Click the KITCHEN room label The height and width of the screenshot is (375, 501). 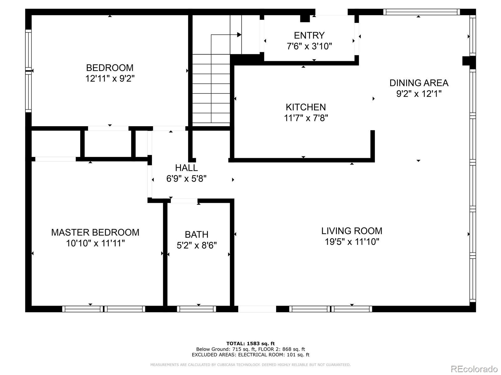[x=306, y=107]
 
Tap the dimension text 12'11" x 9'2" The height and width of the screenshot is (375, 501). [x=110, y=78]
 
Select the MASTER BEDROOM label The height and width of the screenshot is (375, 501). [x=95, y=232]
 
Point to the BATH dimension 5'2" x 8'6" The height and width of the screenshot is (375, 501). [x=197, y=245]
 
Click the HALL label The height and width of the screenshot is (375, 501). [x=186, y=168]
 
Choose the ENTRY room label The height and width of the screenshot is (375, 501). [x=309, y=35]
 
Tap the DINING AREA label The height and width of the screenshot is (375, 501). [x=419, y=83]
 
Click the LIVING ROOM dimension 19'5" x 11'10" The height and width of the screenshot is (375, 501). [x=352, y=242]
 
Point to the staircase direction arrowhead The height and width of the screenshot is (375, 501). [x=239, y=35]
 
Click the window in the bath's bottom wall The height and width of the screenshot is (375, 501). [x=196, y=309]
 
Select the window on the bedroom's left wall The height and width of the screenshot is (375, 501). [x=28, y=71]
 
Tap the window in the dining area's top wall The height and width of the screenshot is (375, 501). [x=421, y=12]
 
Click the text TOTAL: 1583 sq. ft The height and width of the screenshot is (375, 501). [x=250, y=343]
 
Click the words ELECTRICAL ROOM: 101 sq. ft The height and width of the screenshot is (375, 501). [x=274, y=355]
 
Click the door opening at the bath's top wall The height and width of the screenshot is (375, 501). [x=184, y=201]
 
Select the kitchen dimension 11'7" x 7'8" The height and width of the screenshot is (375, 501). [x=306, y=118]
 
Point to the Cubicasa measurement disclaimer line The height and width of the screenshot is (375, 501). [x=250, y=365]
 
